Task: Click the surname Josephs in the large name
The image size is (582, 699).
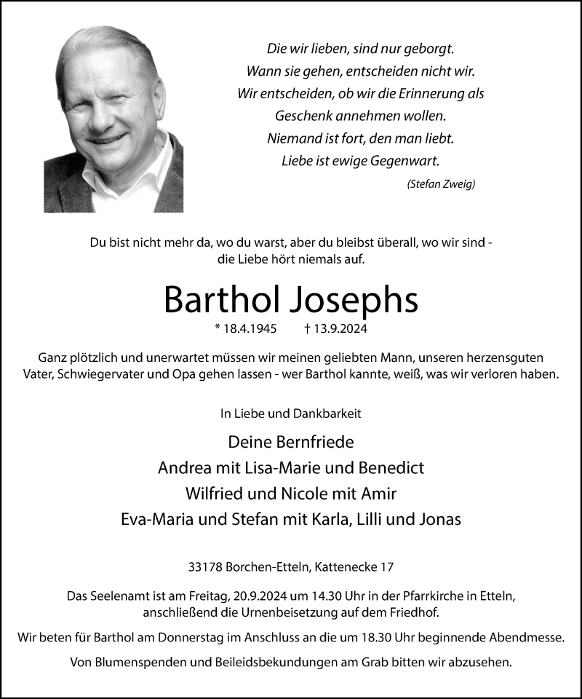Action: click(356, 299)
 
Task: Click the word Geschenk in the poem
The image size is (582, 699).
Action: click(300, 115)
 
